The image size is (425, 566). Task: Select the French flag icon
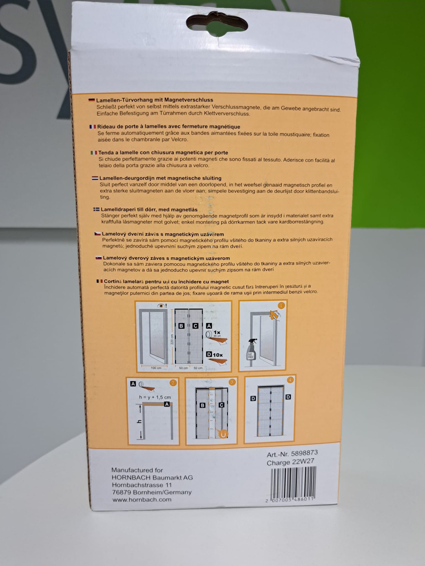point(93,127)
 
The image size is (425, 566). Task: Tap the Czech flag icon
point(97,234)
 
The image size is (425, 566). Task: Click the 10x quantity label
point(217,355)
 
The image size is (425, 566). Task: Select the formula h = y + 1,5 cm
point(155,397)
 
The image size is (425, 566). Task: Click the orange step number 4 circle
point(290,380)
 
